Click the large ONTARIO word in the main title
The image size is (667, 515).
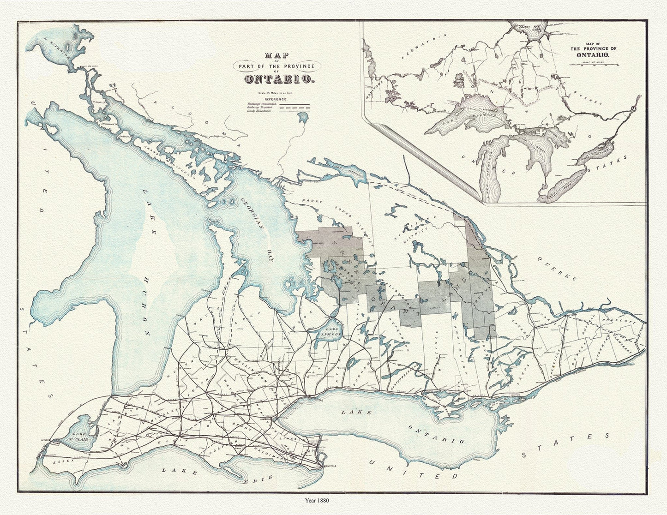tap(279, 79)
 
